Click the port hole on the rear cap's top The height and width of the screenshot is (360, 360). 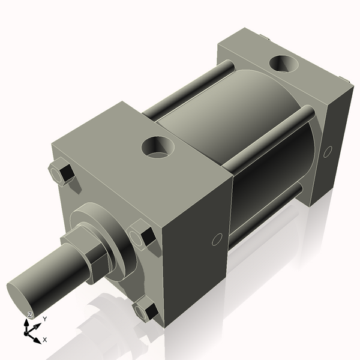pos(282,62)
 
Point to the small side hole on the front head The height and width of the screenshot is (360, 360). pos(217,241)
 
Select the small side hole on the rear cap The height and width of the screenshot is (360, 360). pos(327,152)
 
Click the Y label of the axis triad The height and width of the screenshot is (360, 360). pos(44,319)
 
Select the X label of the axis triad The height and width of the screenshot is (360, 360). pos(45,340)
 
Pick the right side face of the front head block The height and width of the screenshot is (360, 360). pos(198,252)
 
